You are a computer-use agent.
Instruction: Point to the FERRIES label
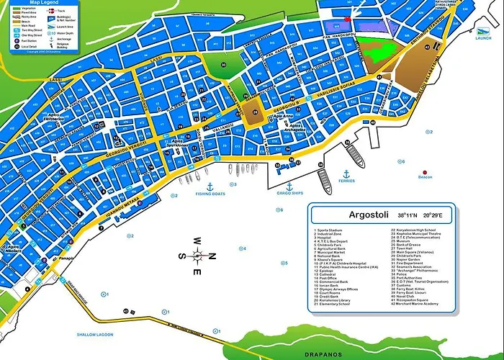(x=346, y=182)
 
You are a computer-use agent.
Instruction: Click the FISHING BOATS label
(x=210, y=194)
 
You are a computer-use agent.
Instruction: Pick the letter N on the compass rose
(x=212, y=256)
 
